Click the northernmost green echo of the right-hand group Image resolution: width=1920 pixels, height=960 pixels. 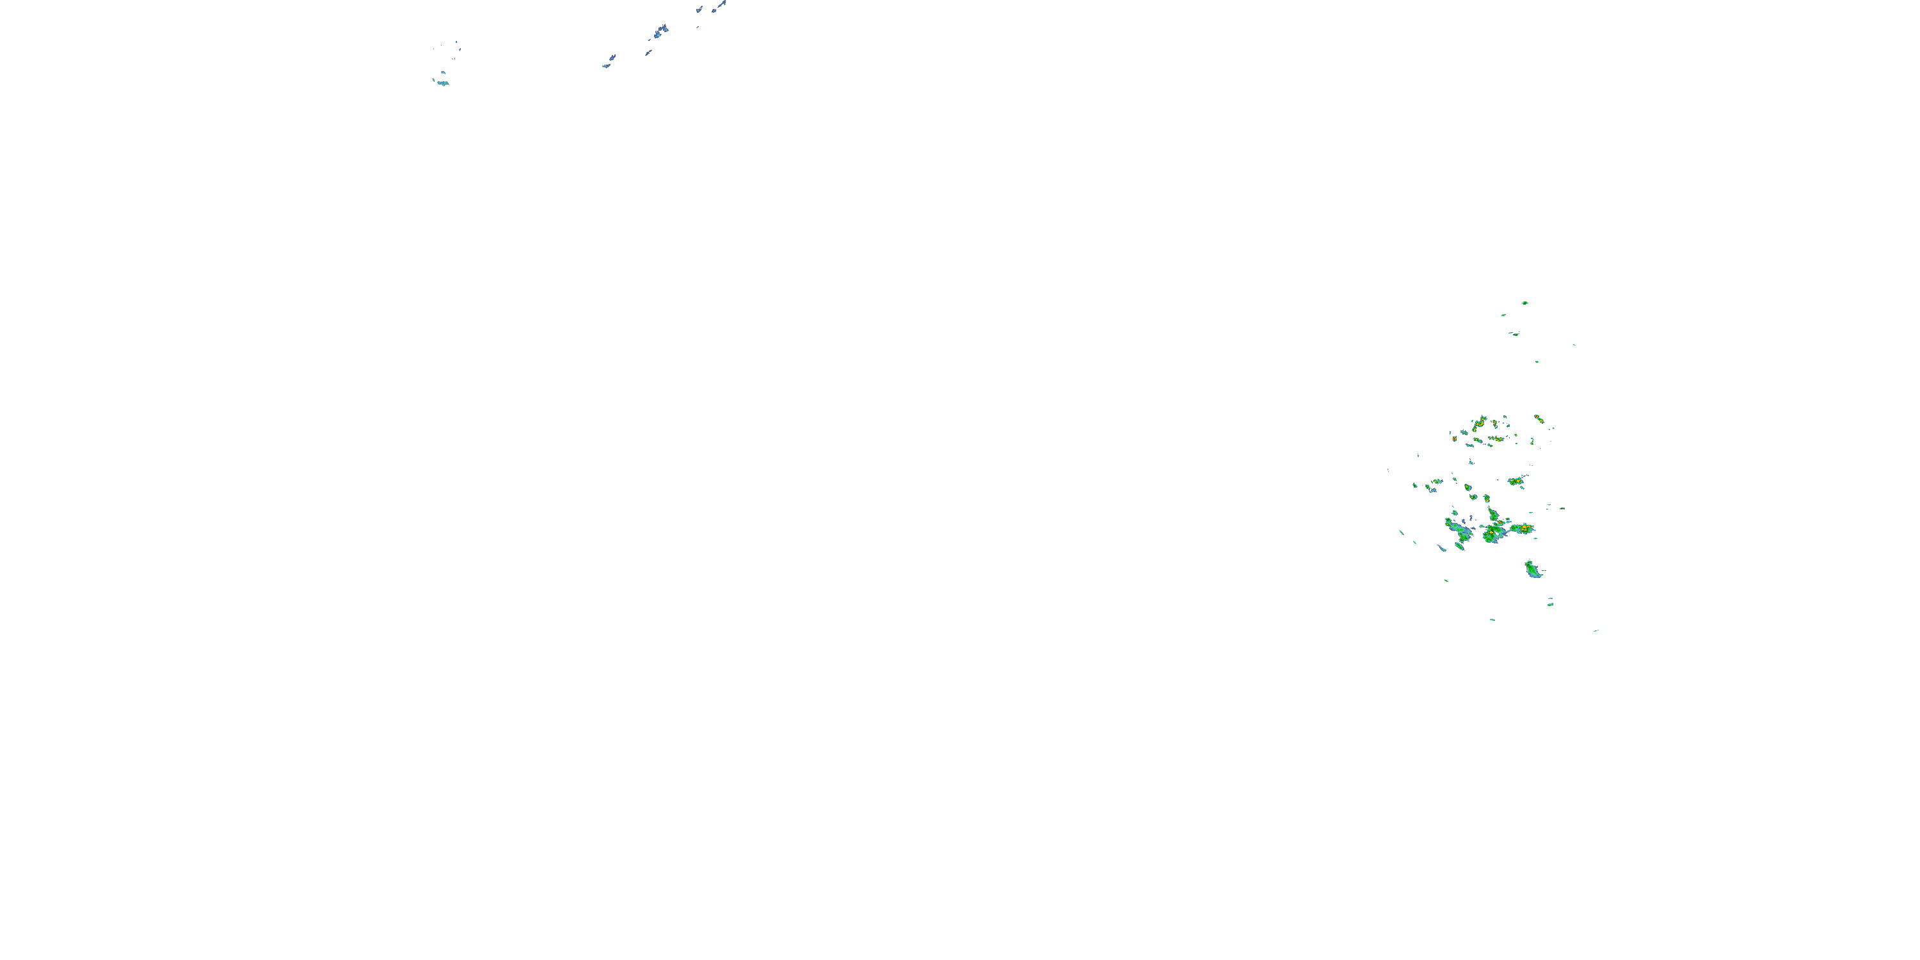tap(1524, 303)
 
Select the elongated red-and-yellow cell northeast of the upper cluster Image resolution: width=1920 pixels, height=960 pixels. tap(1539, 419)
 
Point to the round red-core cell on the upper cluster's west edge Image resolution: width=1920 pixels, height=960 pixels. tap(1454, 439)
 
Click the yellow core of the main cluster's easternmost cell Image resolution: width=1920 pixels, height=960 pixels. tap(1524, 529)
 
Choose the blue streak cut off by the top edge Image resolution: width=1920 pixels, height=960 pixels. tap(720, 5)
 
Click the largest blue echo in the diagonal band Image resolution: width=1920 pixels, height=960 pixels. tap(660, 31)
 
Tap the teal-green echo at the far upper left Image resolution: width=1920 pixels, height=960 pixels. tap(442, 82)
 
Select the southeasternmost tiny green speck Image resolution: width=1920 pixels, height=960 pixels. tap(1596, 630)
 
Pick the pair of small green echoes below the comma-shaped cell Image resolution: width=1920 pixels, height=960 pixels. tap(1550, 602)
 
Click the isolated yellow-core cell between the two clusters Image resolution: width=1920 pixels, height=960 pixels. tap(1516, 481)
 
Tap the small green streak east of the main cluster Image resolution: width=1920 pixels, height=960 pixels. tap(1562, 508)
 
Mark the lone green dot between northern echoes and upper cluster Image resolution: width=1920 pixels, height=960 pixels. tap(1536, 362)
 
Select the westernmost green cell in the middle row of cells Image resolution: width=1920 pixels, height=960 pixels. tap(1414, 485)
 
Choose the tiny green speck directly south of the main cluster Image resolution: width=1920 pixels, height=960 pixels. tap(1492, 620)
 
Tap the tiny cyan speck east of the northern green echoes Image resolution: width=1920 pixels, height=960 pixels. tap(1574, 344)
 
